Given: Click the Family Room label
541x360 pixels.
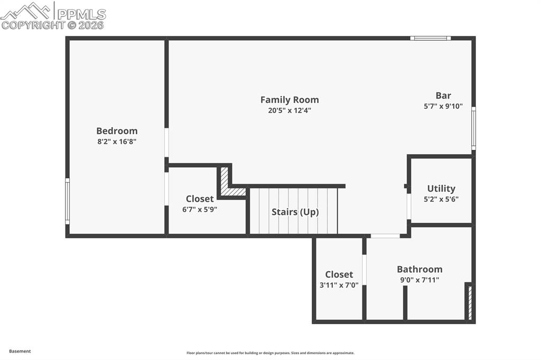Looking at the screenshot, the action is (290, 100).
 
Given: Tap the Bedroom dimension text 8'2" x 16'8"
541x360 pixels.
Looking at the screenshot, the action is (117, 141).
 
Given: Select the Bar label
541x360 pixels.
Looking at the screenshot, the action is (443, 96).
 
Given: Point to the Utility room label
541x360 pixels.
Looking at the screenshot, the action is (441, 188).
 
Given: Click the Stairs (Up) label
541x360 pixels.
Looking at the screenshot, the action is (295, 212).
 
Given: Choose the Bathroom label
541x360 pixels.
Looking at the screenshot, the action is (419, 269).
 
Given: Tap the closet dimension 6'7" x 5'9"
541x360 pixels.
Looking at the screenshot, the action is (200, 210).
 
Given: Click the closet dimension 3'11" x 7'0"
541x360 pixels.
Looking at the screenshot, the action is (339, 285).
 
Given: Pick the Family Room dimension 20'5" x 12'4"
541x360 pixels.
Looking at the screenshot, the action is (290, 110).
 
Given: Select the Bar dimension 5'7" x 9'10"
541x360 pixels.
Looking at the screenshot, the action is (443, 106).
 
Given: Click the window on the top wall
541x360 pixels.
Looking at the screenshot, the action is (431, 39).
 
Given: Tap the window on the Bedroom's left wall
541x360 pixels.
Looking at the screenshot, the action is (68, 201).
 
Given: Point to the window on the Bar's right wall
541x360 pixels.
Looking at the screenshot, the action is (474, 128).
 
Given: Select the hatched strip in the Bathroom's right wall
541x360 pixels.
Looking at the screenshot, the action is (470, 302).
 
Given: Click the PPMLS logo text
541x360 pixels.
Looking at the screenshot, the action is (81, 14).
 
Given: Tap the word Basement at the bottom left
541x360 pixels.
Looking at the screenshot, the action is (20, 352).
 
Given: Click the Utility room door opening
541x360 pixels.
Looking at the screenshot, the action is (409, 206).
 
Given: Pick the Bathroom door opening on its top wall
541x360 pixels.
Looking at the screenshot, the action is (385, 236).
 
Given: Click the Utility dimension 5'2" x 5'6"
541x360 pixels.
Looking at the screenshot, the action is (441, 199).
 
